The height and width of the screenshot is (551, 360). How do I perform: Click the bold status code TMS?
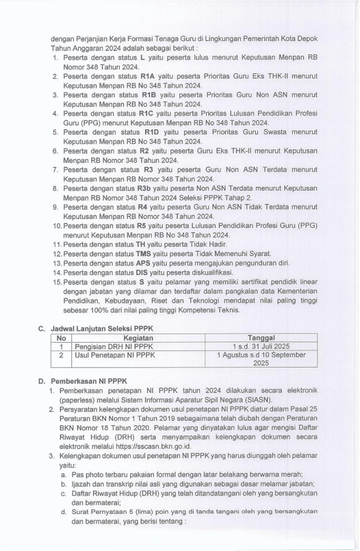tap(143, 253)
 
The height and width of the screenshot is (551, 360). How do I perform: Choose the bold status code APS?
tap(143, 262)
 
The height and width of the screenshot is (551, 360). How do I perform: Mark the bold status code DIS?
tap(142, 272)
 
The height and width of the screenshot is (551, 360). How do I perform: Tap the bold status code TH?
tap(141, 244)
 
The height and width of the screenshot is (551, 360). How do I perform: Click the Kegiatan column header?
tap(138, 338)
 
